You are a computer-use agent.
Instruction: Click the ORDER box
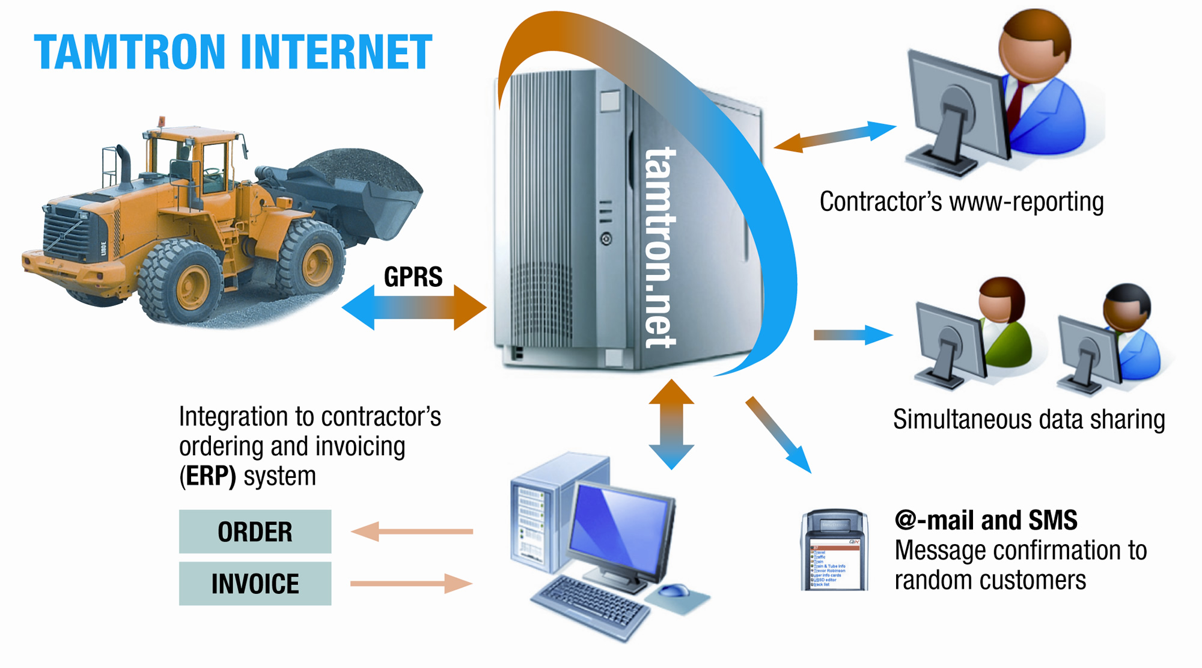[x=255, y=532]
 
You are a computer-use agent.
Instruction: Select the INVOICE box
[x=255, y=583]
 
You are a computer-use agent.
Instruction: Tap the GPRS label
[x=413, y=277]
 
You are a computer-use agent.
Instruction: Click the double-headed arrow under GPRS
[x=413, y=307]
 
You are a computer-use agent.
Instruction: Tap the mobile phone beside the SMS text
[x=834, y=551]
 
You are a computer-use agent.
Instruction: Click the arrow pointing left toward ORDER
[x=412, y=532]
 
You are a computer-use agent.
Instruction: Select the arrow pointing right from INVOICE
[x=412, y=583]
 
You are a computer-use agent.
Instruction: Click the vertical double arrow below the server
[x=671, y=424]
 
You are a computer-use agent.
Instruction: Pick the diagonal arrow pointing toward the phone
[x=778, y=434]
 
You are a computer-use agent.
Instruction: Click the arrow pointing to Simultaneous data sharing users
[x=853, y=335]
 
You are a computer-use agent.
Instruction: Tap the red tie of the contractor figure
[x=1017, y=102]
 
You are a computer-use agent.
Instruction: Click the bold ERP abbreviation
[x=210, y=476]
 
